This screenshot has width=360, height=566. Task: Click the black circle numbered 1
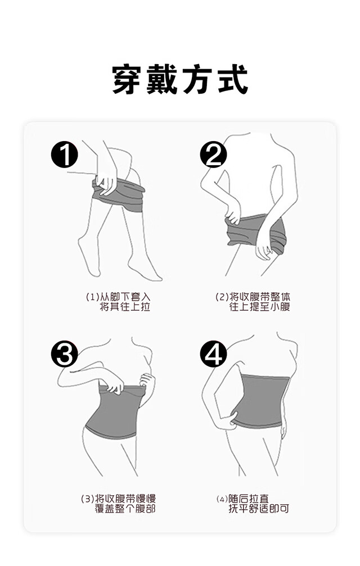point(64,155)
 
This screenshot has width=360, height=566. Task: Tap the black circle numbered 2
point(213,155)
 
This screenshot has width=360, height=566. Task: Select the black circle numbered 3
point(64,354)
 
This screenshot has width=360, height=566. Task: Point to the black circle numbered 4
point(213,354)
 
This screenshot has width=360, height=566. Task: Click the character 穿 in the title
point(126,79)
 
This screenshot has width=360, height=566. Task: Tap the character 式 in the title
point(233,79)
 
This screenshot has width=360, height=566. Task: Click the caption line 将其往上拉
point(124,307)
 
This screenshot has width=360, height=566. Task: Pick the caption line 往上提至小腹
point(260,307)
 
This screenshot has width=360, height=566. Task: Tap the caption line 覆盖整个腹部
point(125,509)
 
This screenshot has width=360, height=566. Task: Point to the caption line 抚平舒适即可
point(259,509)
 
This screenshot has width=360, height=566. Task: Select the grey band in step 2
point(256,231)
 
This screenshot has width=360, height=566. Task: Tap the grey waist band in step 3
point(114,411)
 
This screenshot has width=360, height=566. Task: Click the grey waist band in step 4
point(260,401)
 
